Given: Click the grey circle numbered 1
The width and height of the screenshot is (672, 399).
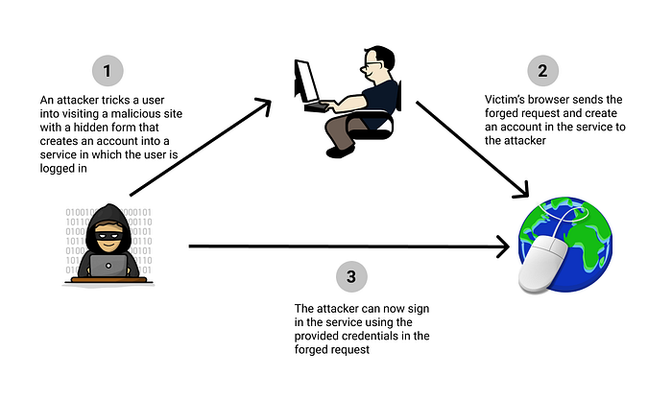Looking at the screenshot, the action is (x=108, y=71).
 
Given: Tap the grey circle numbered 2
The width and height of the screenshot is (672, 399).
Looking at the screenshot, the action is (x=542, y=71).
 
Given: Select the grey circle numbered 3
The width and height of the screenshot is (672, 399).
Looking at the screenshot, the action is (x=351, y=276).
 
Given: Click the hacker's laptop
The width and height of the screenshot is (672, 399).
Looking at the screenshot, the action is (x=108, y=266).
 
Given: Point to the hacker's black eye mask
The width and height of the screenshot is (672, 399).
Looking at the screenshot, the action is (x=108, y=235).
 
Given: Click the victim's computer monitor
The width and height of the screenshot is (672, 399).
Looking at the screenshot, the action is (x=305, y=82).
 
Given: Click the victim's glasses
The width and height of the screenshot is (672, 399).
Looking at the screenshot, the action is (x=370, y=66).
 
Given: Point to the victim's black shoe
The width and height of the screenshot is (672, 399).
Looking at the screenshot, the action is (x=340, y=152).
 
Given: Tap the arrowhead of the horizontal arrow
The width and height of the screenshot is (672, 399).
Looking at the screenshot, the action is (x=503, y=246).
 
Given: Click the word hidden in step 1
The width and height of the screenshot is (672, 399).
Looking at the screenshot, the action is (x=91, y=128).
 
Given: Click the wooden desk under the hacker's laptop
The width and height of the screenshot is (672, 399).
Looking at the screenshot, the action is (x=108, y=280).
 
